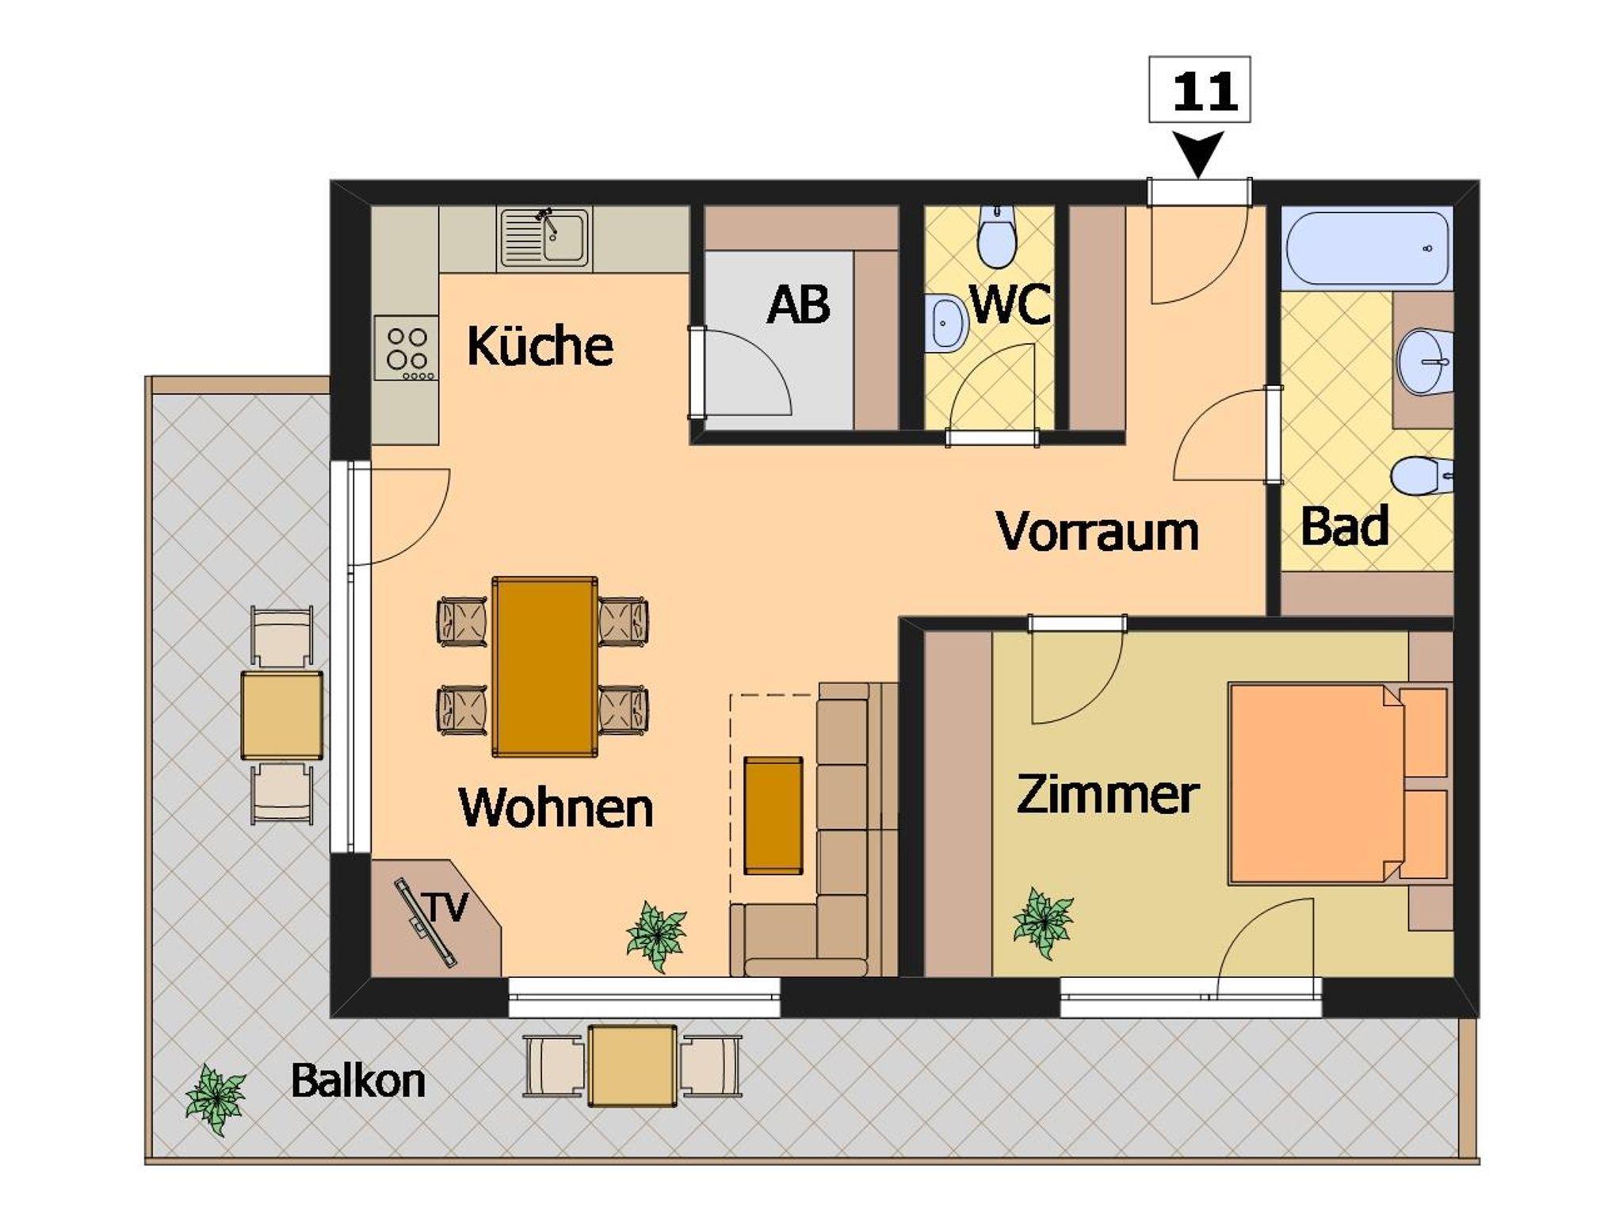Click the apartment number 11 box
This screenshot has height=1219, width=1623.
(x=1199, y=90)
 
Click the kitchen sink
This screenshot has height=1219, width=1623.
(x=544, y=238)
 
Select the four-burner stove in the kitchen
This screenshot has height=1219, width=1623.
(x=406, y=349)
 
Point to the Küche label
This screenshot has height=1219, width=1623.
(x=540, y=346)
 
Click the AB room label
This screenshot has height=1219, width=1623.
(x=798, y=304)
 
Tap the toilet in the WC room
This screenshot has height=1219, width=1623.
(x=996, y=236)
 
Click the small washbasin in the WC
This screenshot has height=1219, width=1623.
(x=945, y=322)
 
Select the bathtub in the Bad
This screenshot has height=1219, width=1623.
(x=1367, y=247)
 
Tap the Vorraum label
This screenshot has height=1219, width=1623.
(x=1098, y=530)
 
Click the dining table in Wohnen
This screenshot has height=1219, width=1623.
(x=544, y=667)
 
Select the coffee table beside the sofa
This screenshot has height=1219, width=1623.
(x=773, y=816)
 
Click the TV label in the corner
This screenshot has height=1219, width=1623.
(x=448, y=907)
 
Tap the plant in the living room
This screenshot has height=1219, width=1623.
(x=655, y=935)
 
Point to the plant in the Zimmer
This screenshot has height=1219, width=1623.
(x=1043, y=923)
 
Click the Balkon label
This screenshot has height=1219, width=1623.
(x=357, y=1080)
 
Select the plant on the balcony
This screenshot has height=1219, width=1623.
(x=216, y=1099)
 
